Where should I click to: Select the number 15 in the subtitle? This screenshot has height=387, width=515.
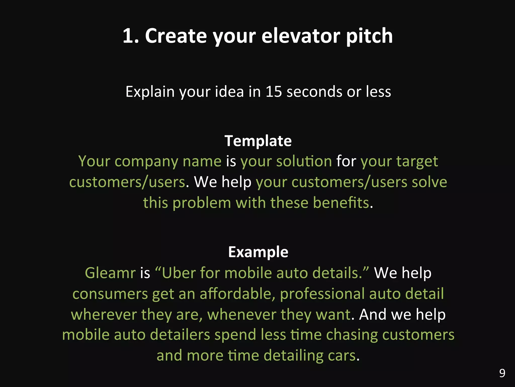(x=274, y=91)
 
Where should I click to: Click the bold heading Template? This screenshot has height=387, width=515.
(x=258, y=141)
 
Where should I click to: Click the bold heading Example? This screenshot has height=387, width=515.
(x=258, y=252)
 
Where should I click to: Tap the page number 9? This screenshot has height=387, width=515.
(x=502, y=373)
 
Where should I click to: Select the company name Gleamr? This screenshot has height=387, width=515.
(x=110, y=273)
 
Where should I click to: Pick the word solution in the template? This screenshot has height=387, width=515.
(x=304, y=161)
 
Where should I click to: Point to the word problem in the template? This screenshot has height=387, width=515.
(x=202, y=203)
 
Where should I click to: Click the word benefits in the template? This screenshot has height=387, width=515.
(x=341, y=203)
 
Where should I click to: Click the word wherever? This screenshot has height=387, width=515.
(x=104, y=315)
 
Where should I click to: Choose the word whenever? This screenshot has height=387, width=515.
(x=242, y=315)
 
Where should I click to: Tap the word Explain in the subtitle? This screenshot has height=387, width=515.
(x=150, y=91)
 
